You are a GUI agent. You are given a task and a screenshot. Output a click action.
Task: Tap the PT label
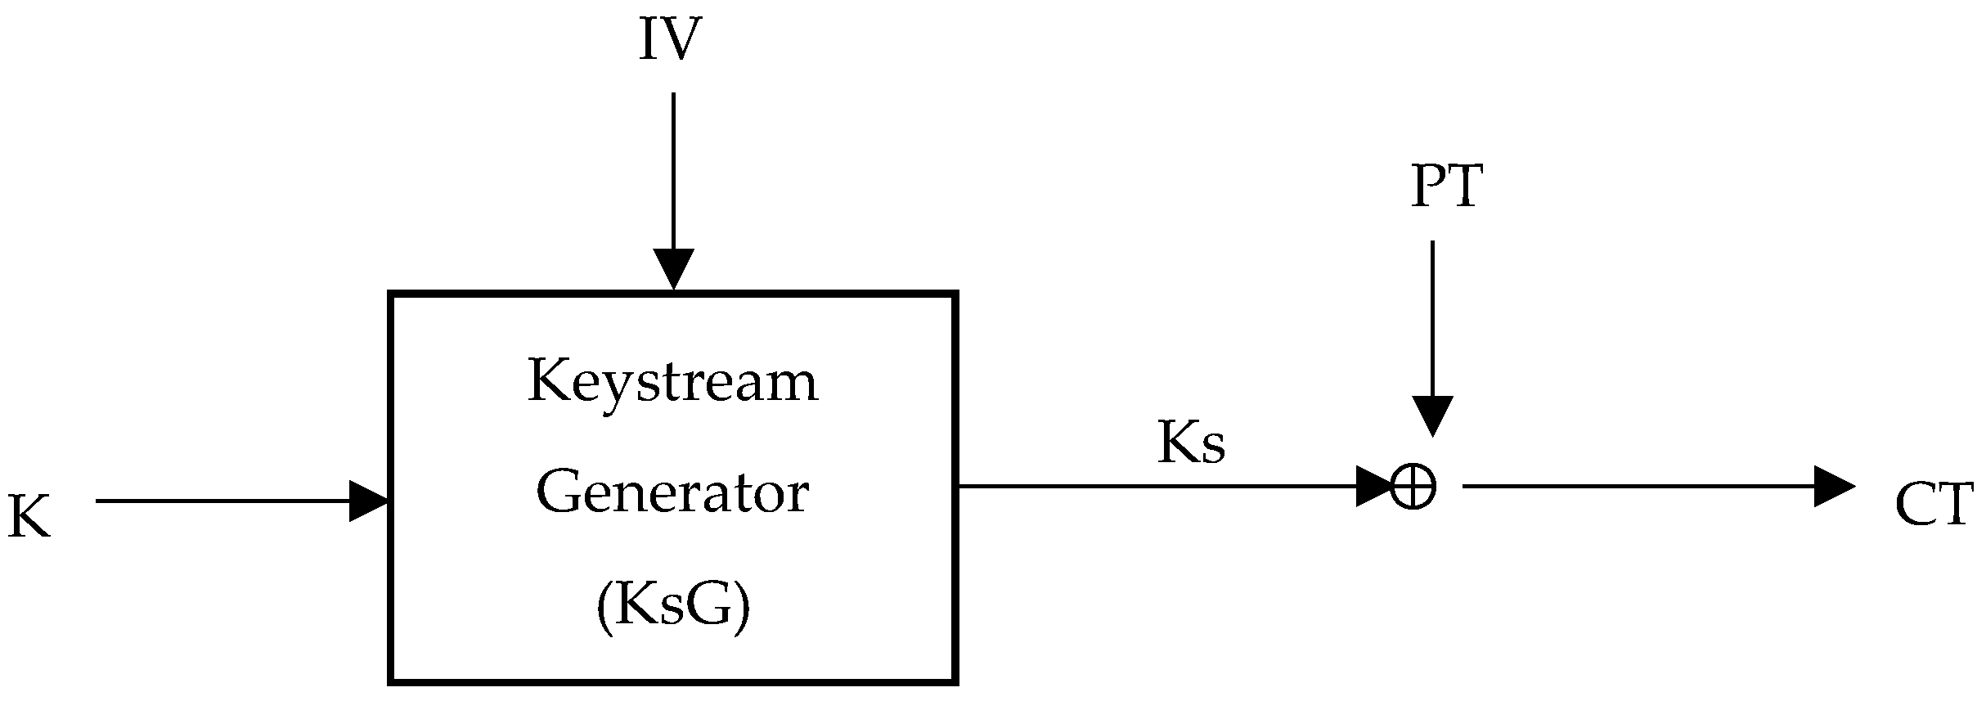tap(1446, 188)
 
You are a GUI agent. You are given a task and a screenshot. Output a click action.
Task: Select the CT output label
tap(1934, 506)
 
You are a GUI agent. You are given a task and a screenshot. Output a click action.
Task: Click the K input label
tap(29, 518)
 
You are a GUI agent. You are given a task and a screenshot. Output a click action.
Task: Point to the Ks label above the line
tap(1191, 444)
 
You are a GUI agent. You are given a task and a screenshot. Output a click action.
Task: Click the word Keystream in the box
tap(672, 382)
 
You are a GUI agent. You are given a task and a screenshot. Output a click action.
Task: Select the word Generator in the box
tap(672, 494)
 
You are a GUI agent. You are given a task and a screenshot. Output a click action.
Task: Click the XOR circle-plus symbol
tap(1413, 488)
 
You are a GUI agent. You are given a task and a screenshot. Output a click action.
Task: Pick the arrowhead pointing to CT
tap(1833, 487)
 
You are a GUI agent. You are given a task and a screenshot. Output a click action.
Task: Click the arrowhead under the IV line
tap(673, 267)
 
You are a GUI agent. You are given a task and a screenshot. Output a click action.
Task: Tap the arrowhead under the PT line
tap(1432, 416)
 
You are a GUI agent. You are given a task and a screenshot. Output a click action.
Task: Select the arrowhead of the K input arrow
tap(367, 501)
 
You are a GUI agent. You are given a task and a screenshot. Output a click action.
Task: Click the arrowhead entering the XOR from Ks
tap(1373, 487)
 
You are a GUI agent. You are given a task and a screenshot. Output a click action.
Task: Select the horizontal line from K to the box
tap(221, 501)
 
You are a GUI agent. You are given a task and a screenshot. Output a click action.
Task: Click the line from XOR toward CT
tap(1636, 487)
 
